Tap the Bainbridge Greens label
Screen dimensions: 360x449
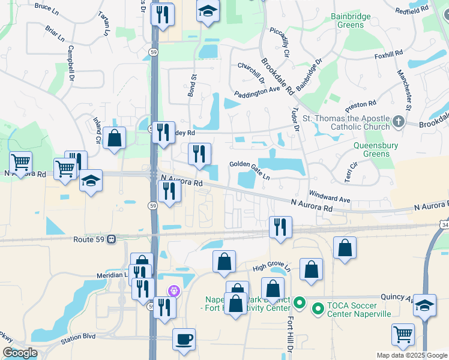click(x=351, y=21)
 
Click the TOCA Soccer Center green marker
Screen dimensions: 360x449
click(x=318, y=308)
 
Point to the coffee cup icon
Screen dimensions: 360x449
click(x=184, y=339)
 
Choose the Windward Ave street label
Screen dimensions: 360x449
click(x=330, y=196)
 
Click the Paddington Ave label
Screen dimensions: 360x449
click(x=257, y=91)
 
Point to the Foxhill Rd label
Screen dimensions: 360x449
click(x=388, y=55)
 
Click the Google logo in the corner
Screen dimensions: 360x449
click(x=20, y=353)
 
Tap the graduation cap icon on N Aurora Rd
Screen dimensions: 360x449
click(x=91, y=181)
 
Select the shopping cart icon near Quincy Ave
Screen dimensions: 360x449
click(x=403, y=334)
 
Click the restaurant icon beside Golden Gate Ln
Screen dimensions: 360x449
click(x=200, y=154)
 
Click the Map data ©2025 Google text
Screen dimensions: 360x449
click(x=411, y=355)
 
